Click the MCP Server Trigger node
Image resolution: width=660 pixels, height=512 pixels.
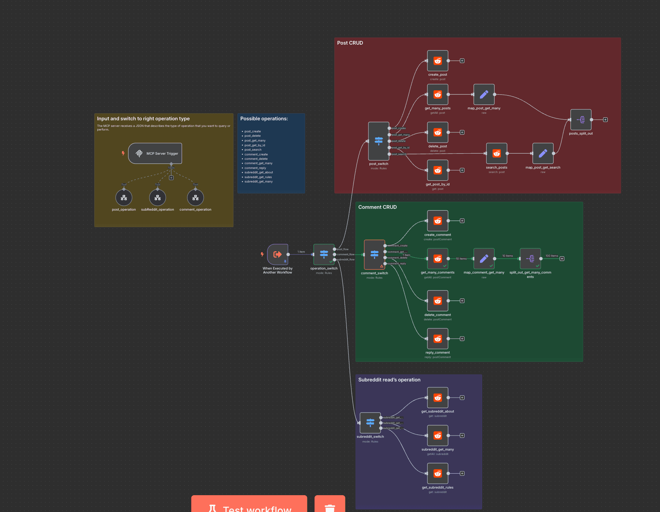[155, 154]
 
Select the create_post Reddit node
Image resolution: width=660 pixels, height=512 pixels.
[438, 61]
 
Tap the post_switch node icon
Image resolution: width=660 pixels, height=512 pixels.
[379, 141]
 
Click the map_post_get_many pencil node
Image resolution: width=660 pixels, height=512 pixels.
[484, 95]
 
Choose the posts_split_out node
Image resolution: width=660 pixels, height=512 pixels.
[581, 120]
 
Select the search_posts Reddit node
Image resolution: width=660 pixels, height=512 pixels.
[496, 154]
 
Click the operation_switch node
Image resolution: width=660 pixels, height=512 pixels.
[324, 254]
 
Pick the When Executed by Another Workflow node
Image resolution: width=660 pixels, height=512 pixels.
[278, 255]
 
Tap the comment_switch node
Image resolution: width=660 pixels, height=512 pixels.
[374, 255]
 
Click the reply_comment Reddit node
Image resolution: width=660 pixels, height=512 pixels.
[438, 339]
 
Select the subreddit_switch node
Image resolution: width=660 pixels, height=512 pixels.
[370, 423]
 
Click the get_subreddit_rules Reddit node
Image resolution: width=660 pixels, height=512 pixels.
[438, 474]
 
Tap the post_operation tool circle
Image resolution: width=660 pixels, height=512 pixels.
[124, 198]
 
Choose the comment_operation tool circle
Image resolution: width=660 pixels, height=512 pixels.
[195, 198]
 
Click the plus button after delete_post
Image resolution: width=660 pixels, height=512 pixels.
[462, 132]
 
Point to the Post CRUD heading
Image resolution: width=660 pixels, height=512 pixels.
[350, 43]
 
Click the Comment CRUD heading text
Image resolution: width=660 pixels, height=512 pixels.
[377, 207]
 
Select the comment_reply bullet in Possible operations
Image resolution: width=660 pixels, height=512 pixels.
[255, 168]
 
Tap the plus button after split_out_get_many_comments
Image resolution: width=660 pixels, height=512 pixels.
[562, 259]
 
